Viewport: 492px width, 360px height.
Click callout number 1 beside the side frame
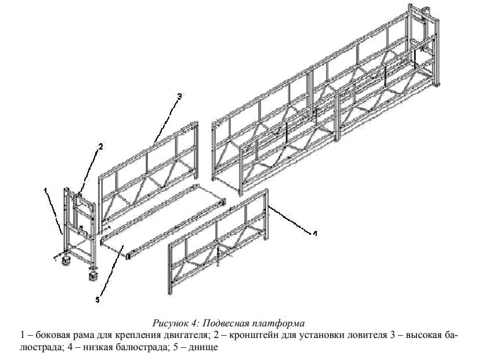[x=46, y=190]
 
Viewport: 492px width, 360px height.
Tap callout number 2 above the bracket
[x=100, y=147]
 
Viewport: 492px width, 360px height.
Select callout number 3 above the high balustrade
[x=179, y=96]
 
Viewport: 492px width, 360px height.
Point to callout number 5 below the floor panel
[x=97, y=300]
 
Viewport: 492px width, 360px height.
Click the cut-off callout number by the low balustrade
[x=315, y=233]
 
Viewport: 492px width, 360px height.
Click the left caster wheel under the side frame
[x=66, y=260]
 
